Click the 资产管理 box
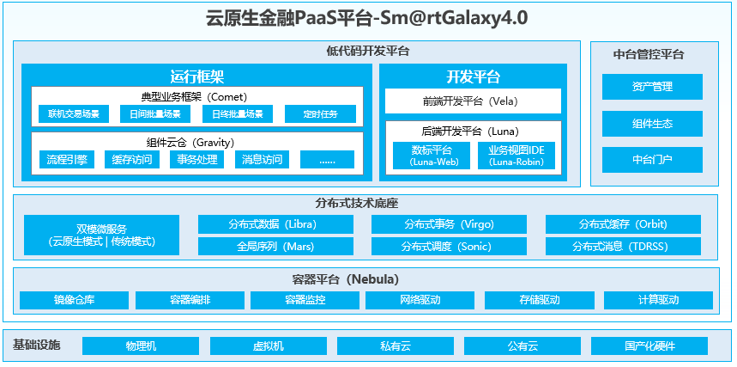pos(652,87)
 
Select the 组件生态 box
pos(652,124)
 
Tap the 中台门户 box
pos(652,160)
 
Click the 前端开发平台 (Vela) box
pos(473,101)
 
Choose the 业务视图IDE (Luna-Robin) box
pos(523,156)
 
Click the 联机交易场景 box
pos(74,113)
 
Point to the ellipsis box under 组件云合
pos(327,159)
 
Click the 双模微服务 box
pos(102,235)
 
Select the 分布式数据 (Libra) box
pos(275,224)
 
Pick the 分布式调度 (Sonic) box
pos(449,247)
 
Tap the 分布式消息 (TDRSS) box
pos(623,247)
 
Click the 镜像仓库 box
pos(74,301)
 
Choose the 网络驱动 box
pos(420,301)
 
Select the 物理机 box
pos(142,346)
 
